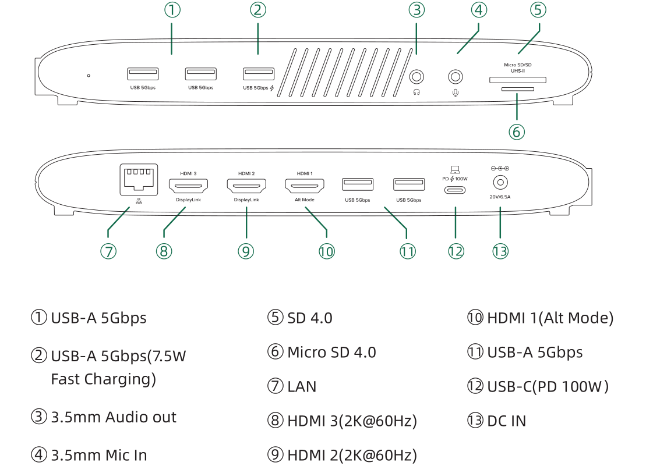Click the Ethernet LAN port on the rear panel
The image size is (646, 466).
[x=139, y=179]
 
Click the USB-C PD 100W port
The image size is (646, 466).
[x=455, y=190]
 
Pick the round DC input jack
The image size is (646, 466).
[x=500, y=183]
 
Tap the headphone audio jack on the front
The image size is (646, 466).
[x=416, y=76]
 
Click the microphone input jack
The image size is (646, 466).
[x=455, y=76]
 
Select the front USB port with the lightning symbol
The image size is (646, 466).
[x=259, y=74]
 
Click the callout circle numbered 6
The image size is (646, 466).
[x=517, y=131]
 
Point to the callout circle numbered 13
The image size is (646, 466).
[x=500, y=251]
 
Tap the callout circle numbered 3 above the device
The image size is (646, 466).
[x=416, y=10]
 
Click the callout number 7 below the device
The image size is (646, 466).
[x=108, y=251]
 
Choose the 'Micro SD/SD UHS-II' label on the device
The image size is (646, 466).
[x=518, y=67]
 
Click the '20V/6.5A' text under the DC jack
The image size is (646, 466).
[x=500, y=197]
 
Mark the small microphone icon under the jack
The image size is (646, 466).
[x=455, y=91]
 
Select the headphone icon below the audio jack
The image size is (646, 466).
[x=416, y=91]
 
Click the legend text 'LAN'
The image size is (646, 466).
[x=302, y=386]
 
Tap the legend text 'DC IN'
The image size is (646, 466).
[x=506, y=421]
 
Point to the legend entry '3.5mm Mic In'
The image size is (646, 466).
[x=99, y=455]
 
